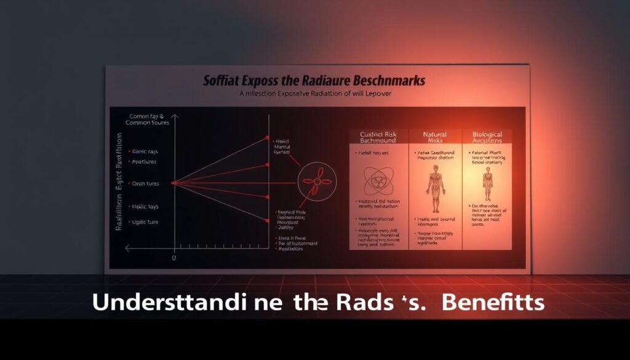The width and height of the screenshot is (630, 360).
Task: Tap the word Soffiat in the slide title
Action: [223, 81]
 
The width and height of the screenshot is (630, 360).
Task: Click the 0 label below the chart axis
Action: [174, 258]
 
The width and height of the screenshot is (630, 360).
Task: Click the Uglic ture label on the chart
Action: [143, 222]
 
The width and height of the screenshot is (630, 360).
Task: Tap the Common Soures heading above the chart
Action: [148, 122]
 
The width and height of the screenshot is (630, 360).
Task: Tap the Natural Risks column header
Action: [435, 138]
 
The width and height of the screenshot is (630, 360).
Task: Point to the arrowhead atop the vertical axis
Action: [174, 116]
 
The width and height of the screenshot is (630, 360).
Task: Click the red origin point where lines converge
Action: [174, 183]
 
